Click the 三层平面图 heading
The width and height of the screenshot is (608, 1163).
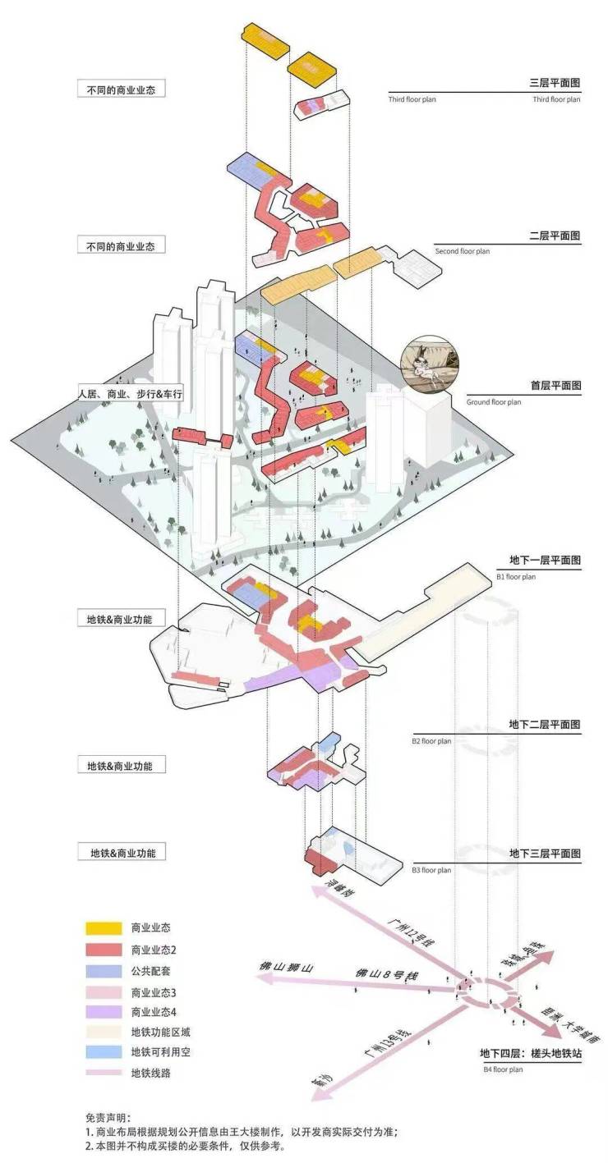(x=556, y=84)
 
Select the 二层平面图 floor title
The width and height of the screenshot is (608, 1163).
(x=556, y=236)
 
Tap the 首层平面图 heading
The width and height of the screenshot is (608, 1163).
(x=556, y=386)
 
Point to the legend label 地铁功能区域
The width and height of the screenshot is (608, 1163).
(x=159, y=1032)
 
